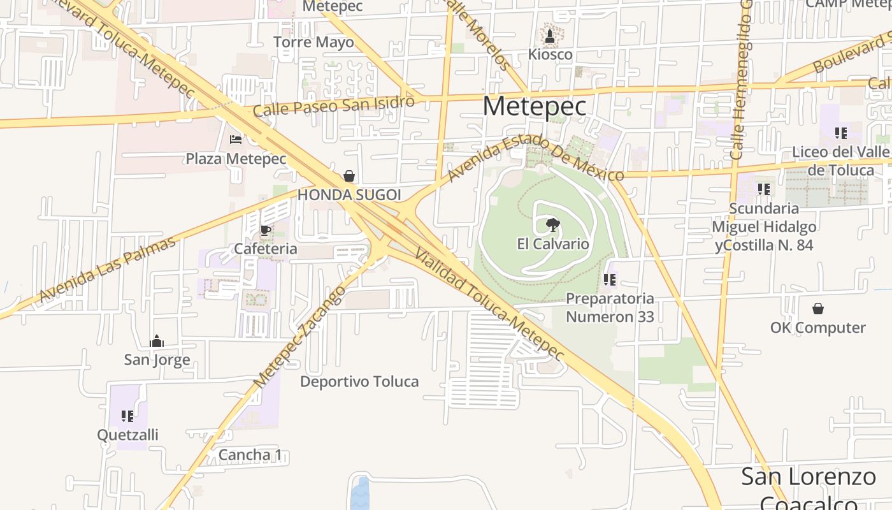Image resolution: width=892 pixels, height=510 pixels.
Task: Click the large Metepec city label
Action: pyautogui.click(x=534, y=106)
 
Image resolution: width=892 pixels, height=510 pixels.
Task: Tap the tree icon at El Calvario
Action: pyautogui.click(x=552, y=224)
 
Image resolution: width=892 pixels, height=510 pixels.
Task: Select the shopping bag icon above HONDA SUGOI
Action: pyautogui.click(x=349, y=176)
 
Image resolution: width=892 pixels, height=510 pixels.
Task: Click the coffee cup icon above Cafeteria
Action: pyautogui.click(x=266, y=230)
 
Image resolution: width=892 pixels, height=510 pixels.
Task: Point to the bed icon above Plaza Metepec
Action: pyautogui.click(x=236, y=140)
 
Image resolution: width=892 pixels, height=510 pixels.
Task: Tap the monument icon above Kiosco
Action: pyautogui.click(x=550, y=36)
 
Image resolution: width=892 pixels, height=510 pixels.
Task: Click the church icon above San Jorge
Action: pyautogui.click(x=157, y=342)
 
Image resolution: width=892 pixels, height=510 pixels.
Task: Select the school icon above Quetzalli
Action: pyautogui.click(x=127, y=416)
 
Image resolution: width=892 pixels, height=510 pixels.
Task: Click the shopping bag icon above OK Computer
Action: pyautogui.click(x=818, y=309)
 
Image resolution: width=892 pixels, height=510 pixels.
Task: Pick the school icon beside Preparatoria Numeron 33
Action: pyautogui.click(x=610, y=279)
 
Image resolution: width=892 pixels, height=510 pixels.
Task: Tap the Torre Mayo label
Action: pyautogui.click(x=313, y=43)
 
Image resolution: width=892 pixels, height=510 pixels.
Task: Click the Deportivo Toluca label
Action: pyautogui.click(x=359, y=382)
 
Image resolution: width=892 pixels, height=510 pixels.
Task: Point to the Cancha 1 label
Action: pyautogui.click(x=250, y=455)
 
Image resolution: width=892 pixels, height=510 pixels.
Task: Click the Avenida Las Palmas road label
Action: pyautogui.click(x=107, y=270)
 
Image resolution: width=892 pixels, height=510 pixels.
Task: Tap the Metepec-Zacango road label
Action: pyautogui.click(x=299, y=337)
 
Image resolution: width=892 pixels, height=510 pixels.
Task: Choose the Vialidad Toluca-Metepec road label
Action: pyautogui.click(x=489, y=304)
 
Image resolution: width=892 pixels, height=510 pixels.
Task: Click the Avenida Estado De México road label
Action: pyautogui.click(x=535, y=149)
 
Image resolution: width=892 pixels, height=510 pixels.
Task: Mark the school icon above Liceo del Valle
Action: pyautogui.click(x=840, y=133)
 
